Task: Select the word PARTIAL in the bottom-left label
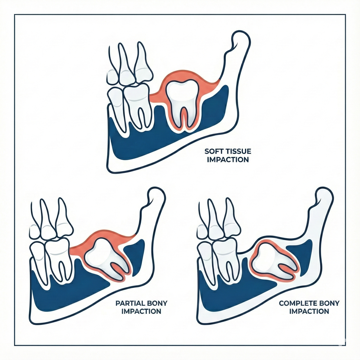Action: point(130,303)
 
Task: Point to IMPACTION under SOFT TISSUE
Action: point(228,160)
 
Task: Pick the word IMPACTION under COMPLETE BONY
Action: point(309,311)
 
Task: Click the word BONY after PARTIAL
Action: point(157,303)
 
